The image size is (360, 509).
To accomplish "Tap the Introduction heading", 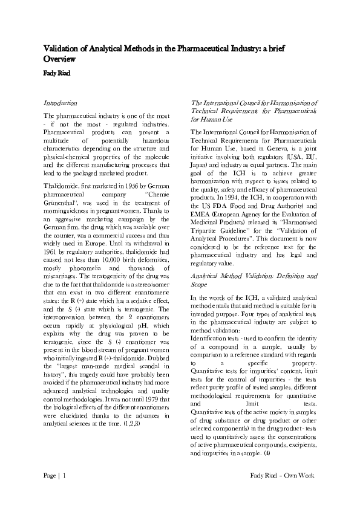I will [61, 103].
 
